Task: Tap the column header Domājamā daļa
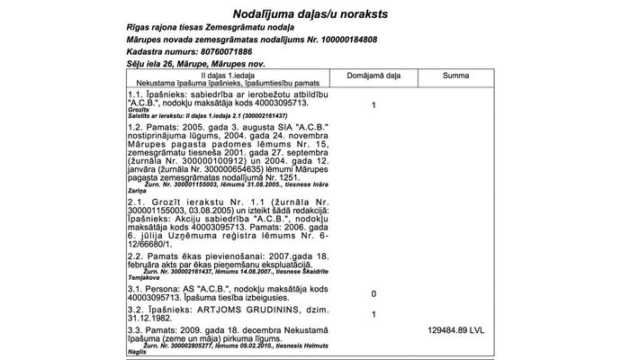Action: (373, 76)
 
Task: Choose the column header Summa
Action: (455, 76)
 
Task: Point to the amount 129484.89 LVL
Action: (455, 331)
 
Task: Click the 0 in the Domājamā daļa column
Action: (373, 294)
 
